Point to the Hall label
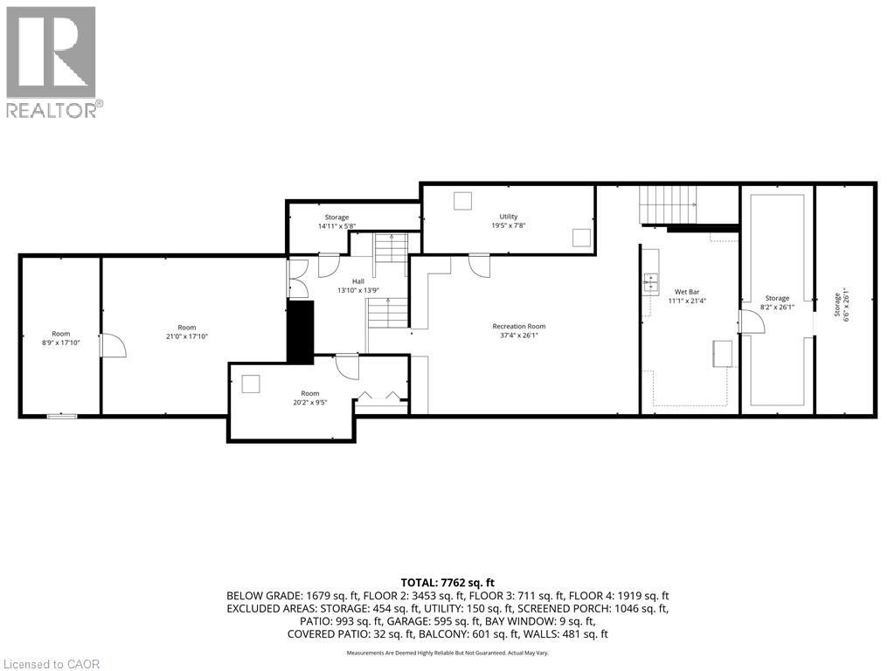pyautogui.click(x=357, y=280)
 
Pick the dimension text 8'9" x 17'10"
pyautogui.click(x=60, y=342)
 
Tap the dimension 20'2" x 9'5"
pyautogui.click(x=309, y=403)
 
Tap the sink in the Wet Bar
pyautogui.click(x=651, y=280)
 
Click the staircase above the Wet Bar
pyautogui.click(x=669, y=204)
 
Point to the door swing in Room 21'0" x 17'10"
pyautogui.click(x=113, y=345)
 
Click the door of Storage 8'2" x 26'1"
pyautogui.click(x=752, y=321)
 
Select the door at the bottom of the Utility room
pyautogui.click(x=479, y=264)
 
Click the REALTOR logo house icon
pyautogui.click(x=52, y=52)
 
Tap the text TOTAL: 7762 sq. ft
pyautogui.click(x=447, y=582)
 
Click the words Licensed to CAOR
pyautogui.click(x=52, y=664)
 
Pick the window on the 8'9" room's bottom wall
pyautogui.click(x=61, y=417)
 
